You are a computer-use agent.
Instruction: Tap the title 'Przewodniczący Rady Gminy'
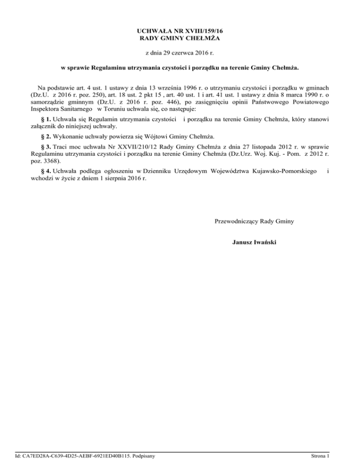pos(254,221)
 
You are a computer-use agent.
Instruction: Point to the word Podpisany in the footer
pos(145,455)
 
